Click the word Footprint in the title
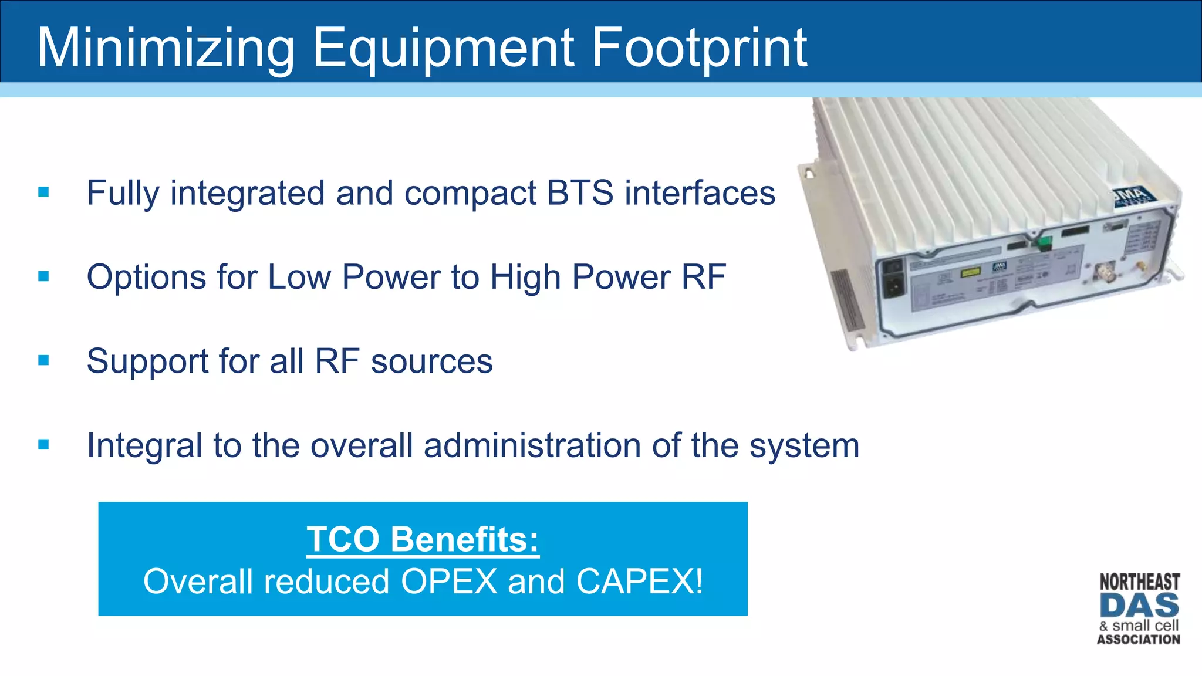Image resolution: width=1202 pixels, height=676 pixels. click(x=698, y=48)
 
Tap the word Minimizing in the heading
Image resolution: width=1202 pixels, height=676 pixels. click(x=166, y=48)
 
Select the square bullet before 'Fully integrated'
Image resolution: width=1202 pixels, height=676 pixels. click(x=43, y=192)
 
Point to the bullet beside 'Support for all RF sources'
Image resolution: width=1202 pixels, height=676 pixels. click(x=43, y=360)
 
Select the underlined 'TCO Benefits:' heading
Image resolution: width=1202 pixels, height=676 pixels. click(x=423, y=539)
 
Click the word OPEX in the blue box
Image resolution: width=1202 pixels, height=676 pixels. click(x=449, y=582)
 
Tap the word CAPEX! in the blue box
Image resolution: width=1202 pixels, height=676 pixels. click(x=639, y=582)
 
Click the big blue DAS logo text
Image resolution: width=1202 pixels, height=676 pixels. click(x=1139, y=606)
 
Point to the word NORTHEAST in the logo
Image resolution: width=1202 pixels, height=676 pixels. click(x=1139, y=582)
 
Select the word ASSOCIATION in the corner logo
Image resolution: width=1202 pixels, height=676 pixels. click(x=1139, y=640)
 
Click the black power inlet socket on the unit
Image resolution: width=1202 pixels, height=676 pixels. click(x=894, y=286)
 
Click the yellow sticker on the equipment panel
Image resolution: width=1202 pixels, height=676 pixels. click(x=970, y=273)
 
